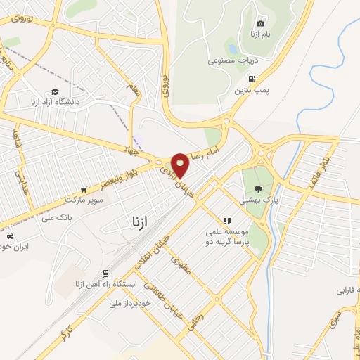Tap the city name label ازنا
tap(139, 222)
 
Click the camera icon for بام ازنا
tap(261, 23)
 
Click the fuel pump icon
tap(252, 79)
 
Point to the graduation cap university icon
tap(55, 91)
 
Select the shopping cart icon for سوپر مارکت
tap(84, 189)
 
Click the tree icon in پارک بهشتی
tap(259, 188)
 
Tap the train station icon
tap(105, 273)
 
